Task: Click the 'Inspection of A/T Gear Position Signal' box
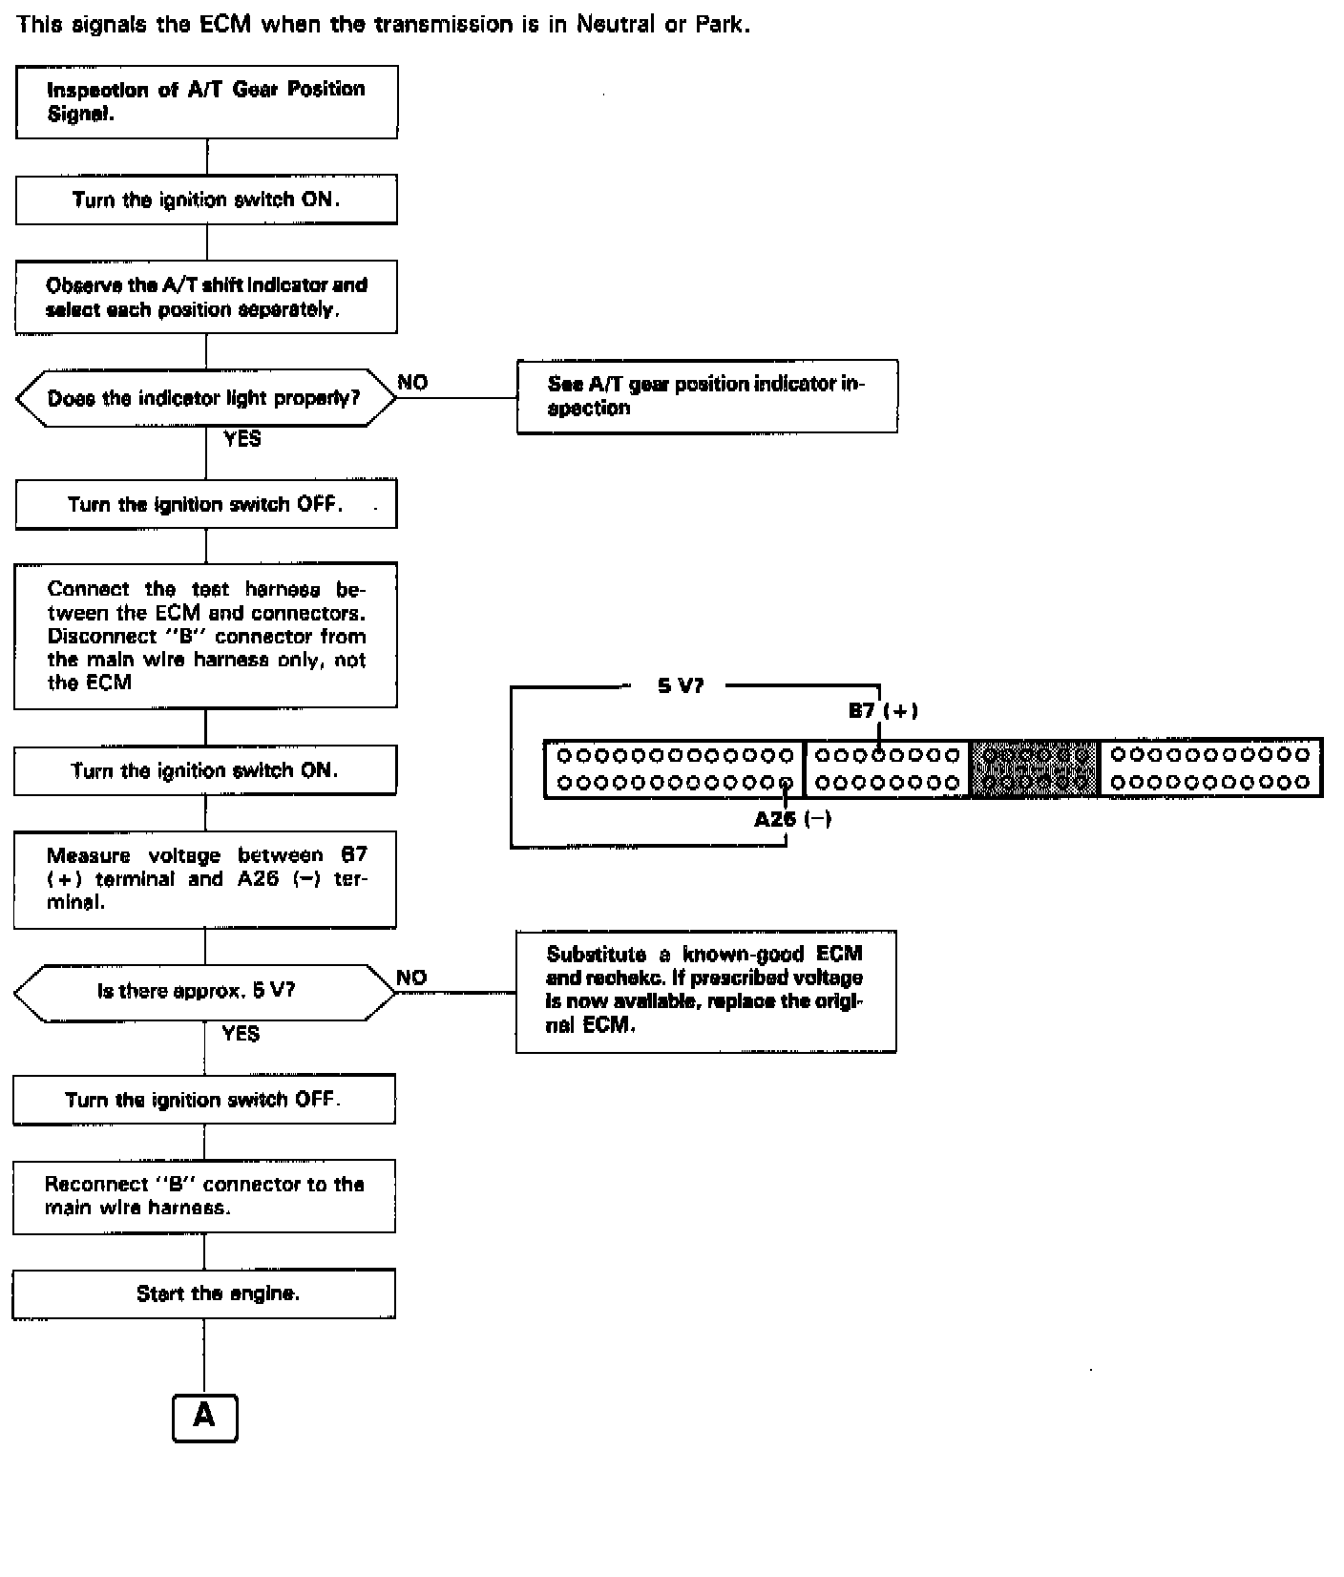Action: (206, 102)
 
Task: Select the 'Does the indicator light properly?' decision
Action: (205, 398)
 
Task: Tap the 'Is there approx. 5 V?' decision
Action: (204, 992)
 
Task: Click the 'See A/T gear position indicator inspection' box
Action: (706, 396)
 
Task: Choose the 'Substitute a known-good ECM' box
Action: (705, 991)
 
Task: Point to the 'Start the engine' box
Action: (204, 1294)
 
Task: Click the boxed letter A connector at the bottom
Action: (204, 1418)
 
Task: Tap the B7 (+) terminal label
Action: (883, 710)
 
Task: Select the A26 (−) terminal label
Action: (792, 819)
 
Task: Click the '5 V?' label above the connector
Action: (681, 685)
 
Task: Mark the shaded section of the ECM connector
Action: (1035, 768)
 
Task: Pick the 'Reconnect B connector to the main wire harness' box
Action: (204, 1196)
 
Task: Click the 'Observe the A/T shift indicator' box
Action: (206, 297)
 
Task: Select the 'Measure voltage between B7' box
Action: (205, 879)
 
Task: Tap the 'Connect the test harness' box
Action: (205, 636)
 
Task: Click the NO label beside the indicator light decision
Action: (412, 383)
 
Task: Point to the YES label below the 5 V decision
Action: (241, 1034)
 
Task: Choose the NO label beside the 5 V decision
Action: (411, 978)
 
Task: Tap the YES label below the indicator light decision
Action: (242, 439)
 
